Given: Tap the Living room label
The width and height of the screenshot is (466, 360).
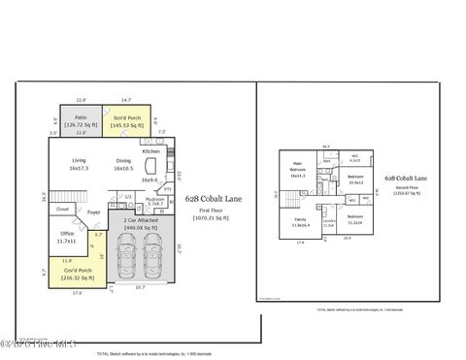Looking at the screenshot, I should (x=79, y=164).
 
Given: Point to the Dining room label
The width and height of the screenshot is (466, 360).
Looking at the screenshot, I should (x=123, y=164).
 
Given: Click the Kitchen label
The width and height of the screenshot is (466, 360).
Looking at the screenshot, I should (x=150, y=152).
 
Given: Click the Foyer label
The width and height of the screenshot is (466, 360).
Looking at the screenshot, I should (x=93, y=212).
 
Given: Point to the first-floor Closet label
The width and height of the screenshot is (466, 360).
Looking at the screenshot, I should (x=62, y=208).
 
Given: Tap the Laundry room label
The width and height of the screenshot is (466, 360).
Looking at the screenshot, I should (x=328, y=223).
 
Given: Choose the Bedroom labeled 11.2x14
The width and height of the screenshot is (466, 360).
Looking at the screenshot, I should (x=355, y=218).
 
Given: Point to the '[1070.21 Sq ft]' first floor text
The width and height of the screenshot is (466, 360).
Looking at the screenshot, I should (x=208, y=218).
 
